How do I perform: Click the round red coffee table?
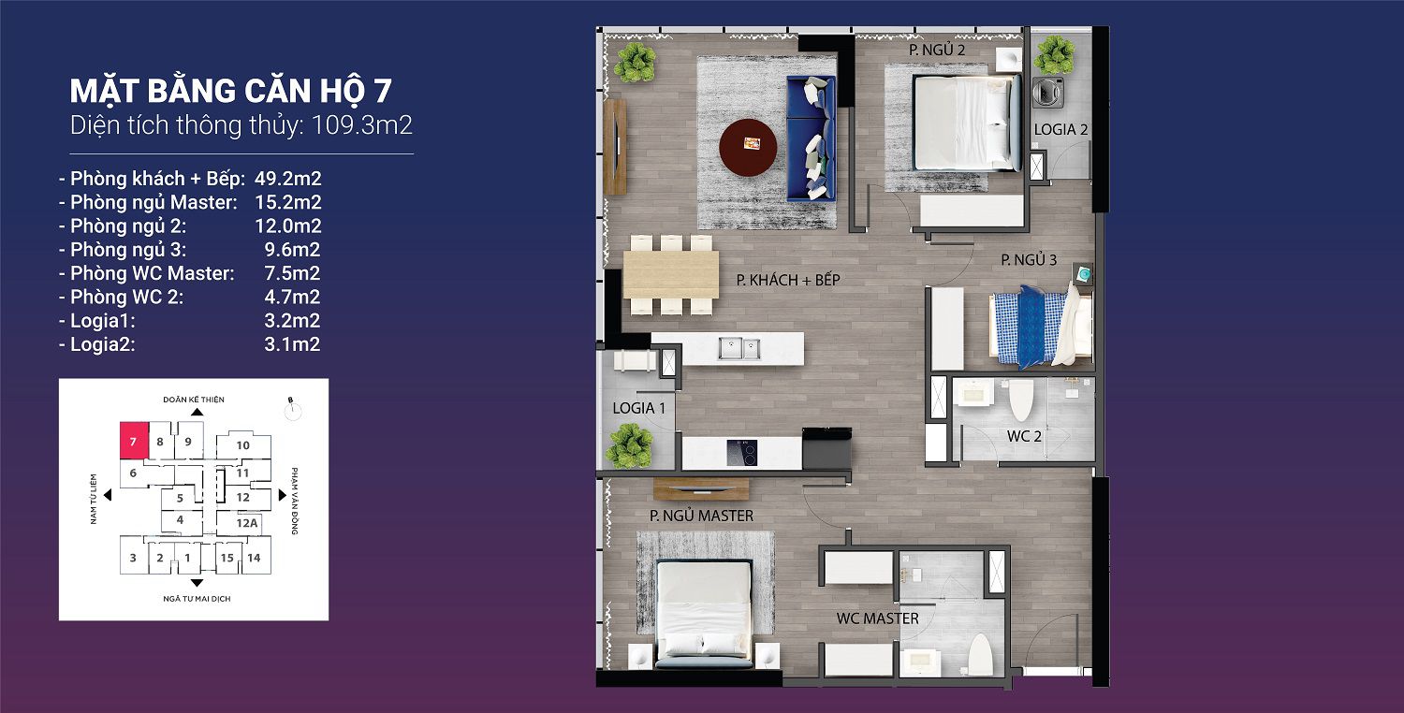tap(748, 147)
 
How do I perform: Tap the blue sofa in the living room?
tap(812, 138)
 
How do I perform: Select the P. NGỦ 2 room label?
tap(937, 50)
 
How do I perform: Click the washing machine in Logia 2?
tap(1048, 92)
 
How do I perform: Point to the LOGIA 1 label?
tap(638, 408)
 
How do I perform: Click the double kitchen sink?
tap(739, 348)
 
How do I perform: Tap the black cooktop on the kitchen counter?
tap(741, 452)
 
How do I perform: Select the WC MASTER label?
tap(878, 618)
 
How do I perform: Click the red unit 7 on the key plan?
tap(134, 441)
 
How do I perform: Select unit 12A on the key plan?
tap(247, 522)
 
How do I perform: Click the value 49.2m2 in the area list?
tap(287, 179)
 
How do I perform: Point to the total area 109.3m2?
tap(361, 125)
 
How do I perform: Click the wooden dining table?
tap(671, 274)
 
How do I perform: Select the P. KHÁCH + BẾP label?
tap(788, 280)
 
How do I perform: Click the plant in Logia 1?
tap(628, 445)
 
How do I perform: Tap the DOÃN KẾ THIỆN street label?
tap(194, 400)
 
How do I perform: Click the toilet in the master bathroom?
tap(980, 654)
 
